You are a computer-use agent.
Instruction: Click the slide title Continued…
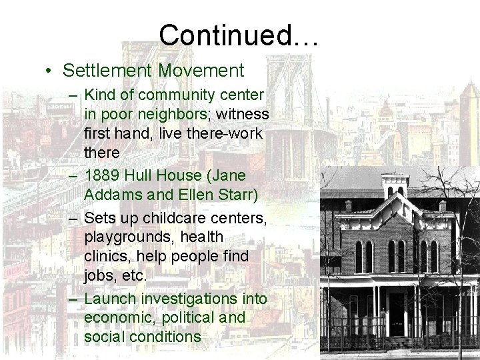click(239, 35)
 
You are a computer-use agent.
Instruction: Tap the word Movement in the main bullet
click(201, 70)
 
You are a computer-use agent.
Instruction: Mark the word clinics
click(107, 255)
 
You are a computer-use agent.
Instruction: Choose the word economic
click(118, 318)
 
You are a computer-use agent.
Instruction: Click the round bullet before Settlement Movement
click(50, 71)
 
